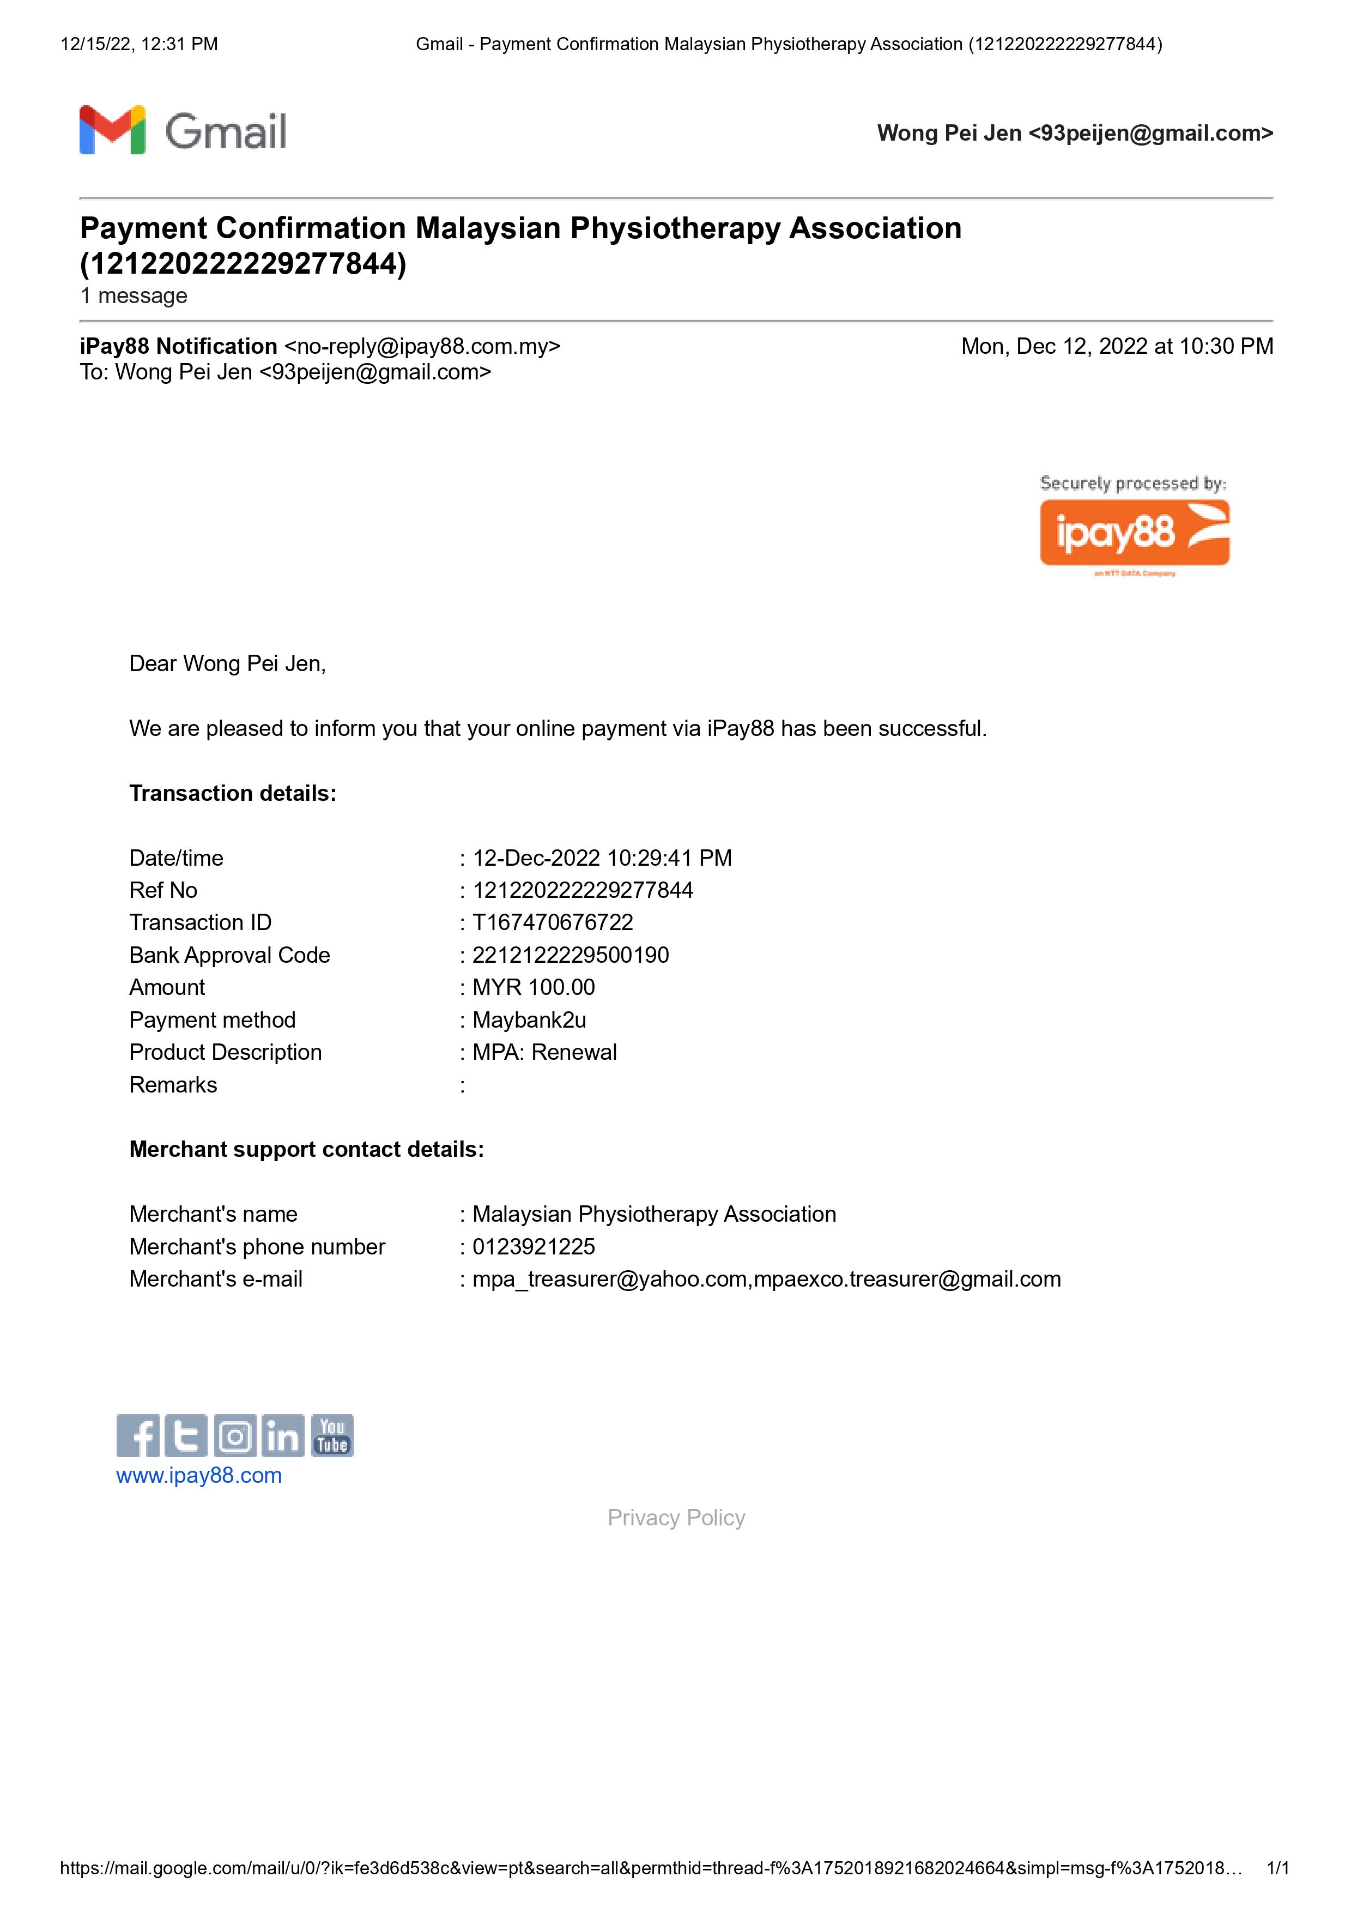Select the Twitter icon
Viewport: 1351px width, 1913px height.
coord(186,1435)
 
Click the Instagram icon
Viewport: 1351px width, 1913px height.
coord(235,1435)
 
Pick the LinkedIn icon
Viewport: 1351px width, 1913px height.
coord(283,1435)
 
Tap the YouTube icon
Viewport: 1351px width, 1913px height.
coord(332,1435)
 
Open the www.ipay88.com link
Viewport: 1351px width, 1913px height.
coord(199,1476)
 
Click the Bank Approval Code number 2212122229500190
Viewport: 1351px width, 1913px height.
coord(571,955)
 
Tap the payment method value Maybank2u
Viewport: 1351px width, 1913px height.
coord(529,1020)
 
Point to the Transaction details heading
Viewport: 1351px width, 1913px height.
coord(232,793)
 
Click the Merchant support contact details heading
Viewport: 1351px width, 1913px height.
coord(306,1149)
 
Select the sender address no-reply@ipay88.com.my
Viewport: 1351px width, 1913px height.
coord(422,347)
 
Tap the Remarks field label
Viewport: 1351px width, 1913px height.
coord(173,1085)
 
